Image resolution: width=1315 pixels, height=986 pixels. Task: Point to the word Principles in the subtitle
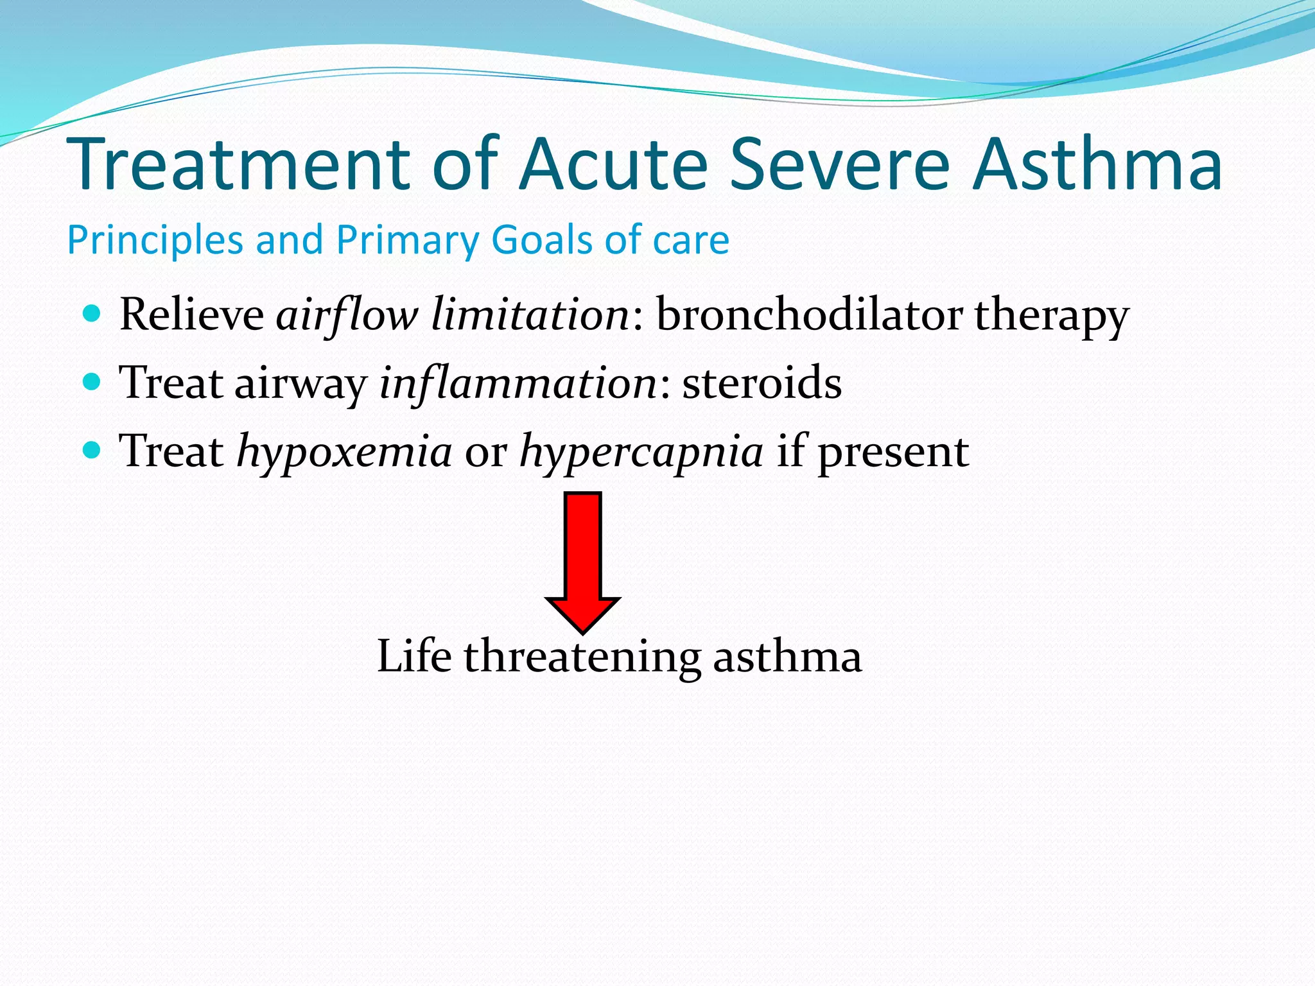click(154, 240)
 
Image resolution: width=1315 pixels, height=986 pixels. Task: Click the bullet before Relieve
click(92, 314)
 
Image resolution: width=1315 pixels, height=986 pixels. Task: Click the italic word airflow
click(347, 315)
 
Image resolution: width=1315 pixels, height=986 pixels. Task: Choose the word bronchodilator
click(809, 315)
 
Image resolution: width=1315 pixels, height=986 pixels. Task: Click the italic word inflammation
click(518, 383)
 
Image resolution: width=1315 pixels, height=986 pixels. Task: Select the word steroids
click(762, 383)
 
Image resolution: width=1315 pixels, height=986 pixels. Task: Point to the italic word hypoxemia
click(344, 452)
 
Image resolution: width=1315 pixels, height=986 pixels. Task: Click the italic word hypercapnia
click(641, 452)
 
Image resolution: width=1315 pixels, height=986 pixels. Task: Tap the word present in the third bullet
click(893, 452)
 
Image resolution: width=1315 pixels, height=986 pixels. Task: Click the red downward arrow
click(582, 558)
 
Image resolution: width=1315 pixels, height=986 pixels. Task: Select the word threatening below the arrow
click(582, 657)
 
